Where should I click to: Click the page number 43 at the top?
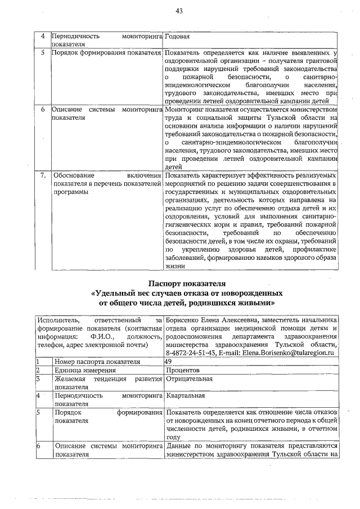[180, 11]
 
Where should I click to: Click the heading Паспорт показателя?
[186, 283]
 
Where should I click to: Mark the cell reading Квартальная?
[186, 395]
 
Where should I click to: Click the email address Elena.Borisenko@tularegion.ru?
[289, 353]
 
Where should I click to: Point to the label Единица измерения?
[85, 370]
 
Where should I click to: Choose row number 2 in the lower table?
[38, 370]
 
